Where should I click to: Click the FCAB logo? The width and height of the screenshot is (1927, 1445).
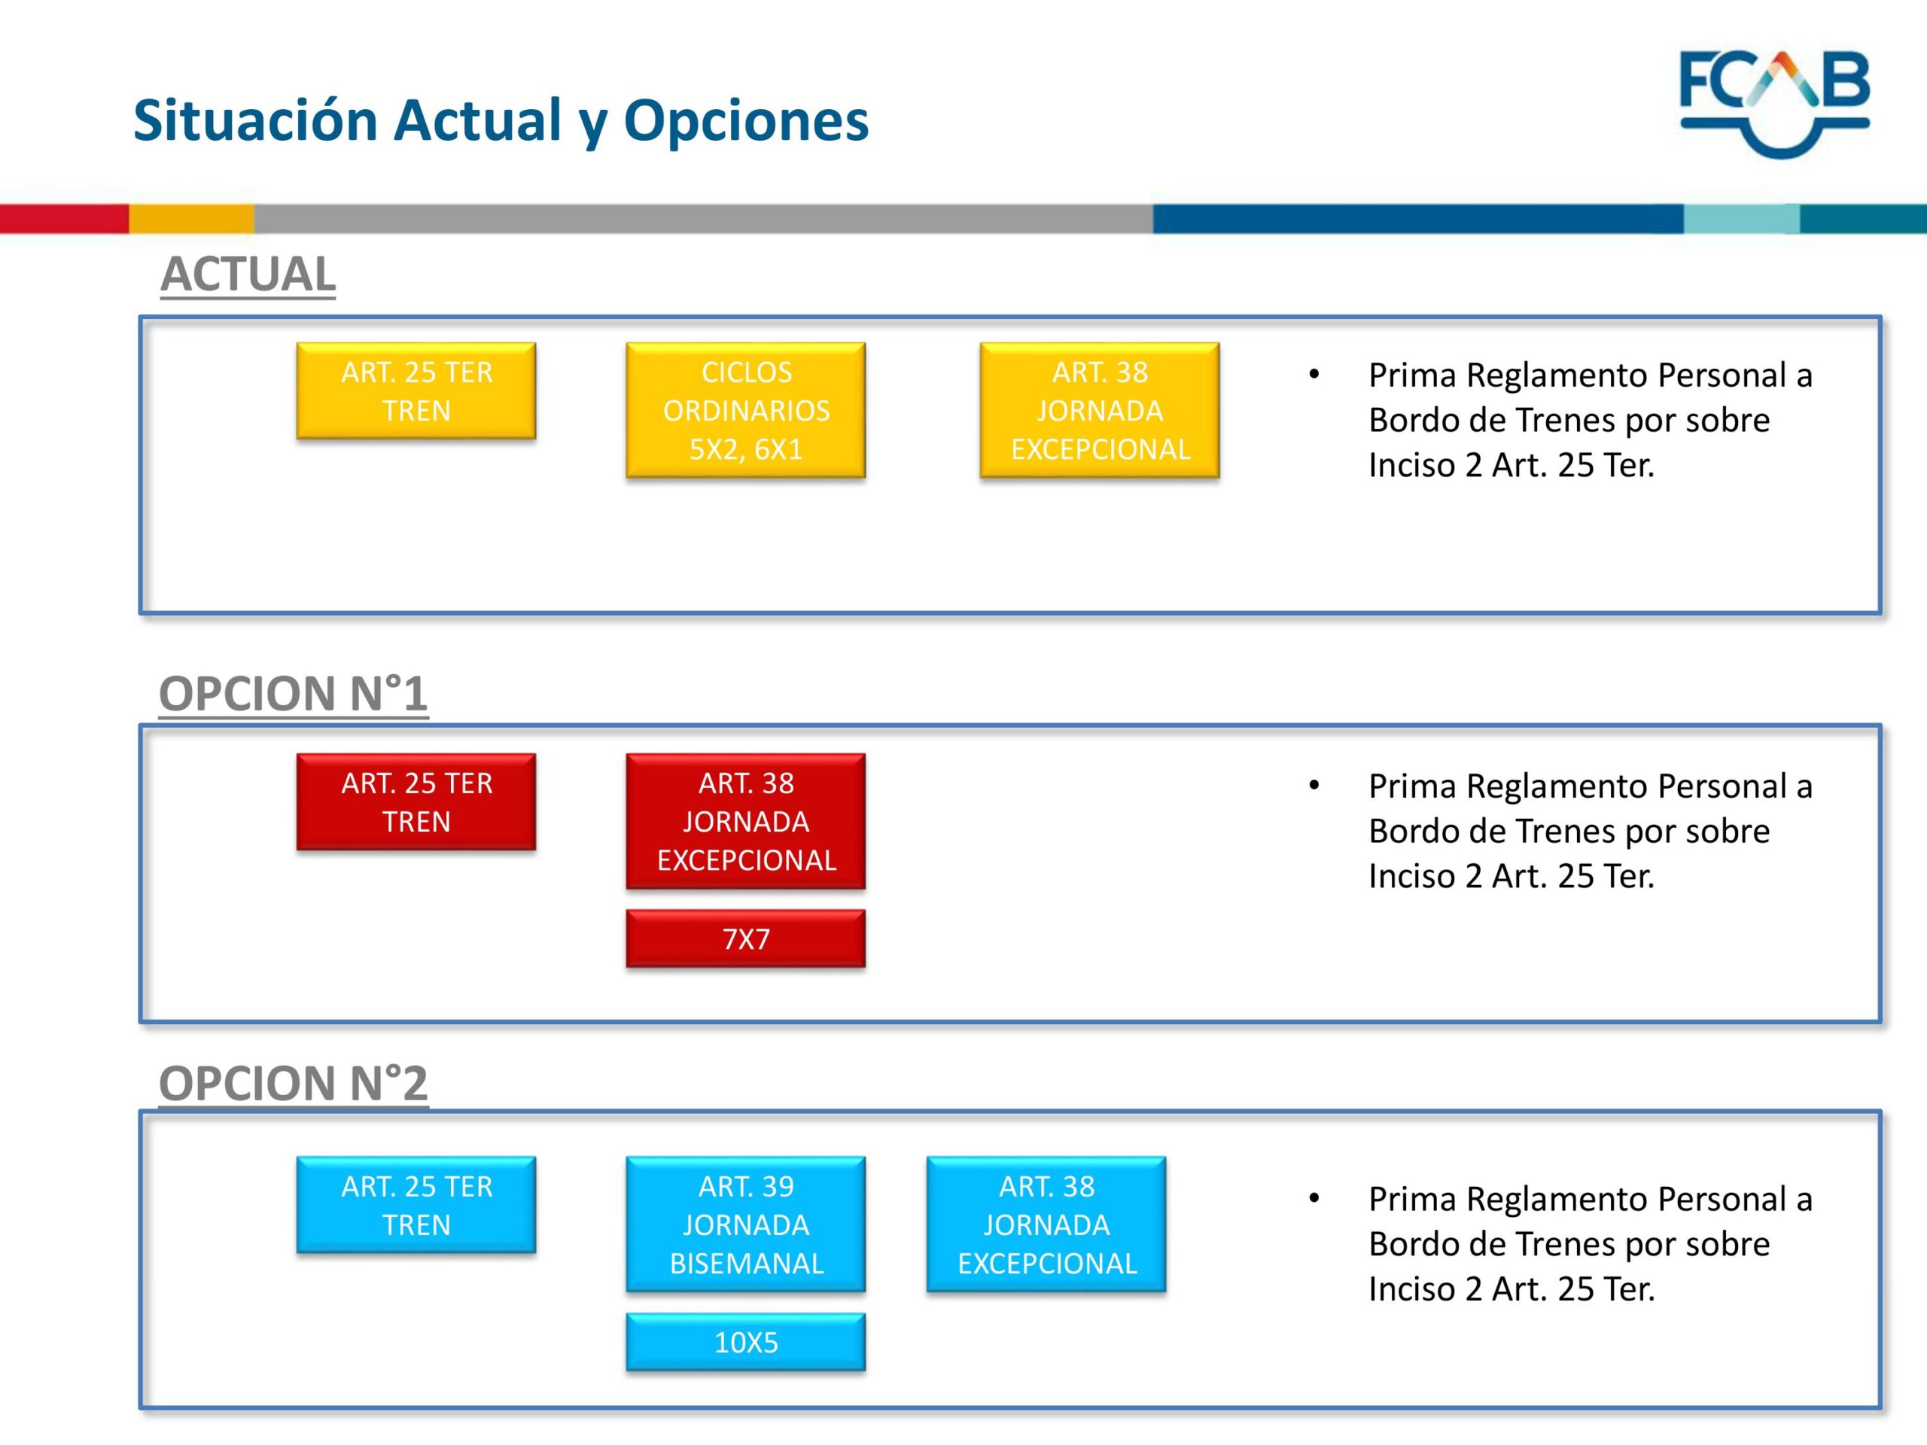click(x=1774, y=104)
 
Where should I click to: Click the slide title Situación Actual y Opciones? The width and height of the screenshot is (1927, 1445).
click(x=501, y=120)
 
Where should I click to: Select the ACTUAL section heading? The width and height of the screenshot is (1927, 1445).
click(x=248, y=275)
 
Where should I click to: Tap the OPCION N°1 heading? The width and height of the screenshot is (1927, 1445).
click(x=293, y=693)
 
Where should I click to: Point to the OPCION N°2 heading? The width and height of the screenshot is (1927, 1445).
click(x=293, y=1083)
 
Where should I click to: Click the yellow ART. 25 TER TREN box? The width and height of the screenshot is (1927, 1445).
click(x=416, y=391)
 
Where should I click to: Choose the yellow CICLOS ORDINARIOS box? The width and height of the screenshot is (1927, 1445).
click(x=746, y=410)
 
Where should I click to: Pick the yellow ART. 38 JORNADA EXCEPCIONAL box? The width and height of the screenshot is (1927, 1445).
click(x=1100, y=410)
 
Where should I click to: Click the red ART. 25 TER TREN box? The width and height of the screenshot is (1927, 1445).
click(x=416, y=802)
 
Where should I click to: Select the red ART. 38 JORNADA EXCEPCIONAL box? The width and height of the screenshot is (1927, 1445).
click(x=746, y=821)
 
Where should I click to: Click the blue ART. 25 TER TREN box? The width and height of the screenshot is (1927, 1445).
click(x=416, y=1206)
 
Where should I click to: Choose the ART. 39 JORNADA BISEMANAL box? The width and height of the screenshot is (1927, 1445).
click(x=746, y=1224)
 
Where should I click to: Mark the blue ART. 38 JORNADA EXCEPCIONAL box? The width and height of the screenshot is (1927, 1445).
click(x=1046, y=1224)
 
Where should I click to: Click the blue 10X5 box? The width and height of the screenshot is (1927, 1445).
click(x=746, y=1342)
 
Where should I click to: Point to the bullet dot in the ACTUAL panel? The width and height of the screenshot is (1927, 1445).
click(x=1314, y=376)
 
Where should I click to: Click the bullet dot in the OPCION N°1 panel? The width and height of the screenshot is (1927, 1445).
click(x=1314, y=786)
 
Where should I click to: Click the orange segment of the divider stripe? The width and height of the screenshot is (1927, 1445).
click(x=192, y=218)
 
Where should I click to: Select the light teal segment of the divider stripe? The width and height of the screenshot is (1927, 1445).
click(x=1741, y=218)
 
